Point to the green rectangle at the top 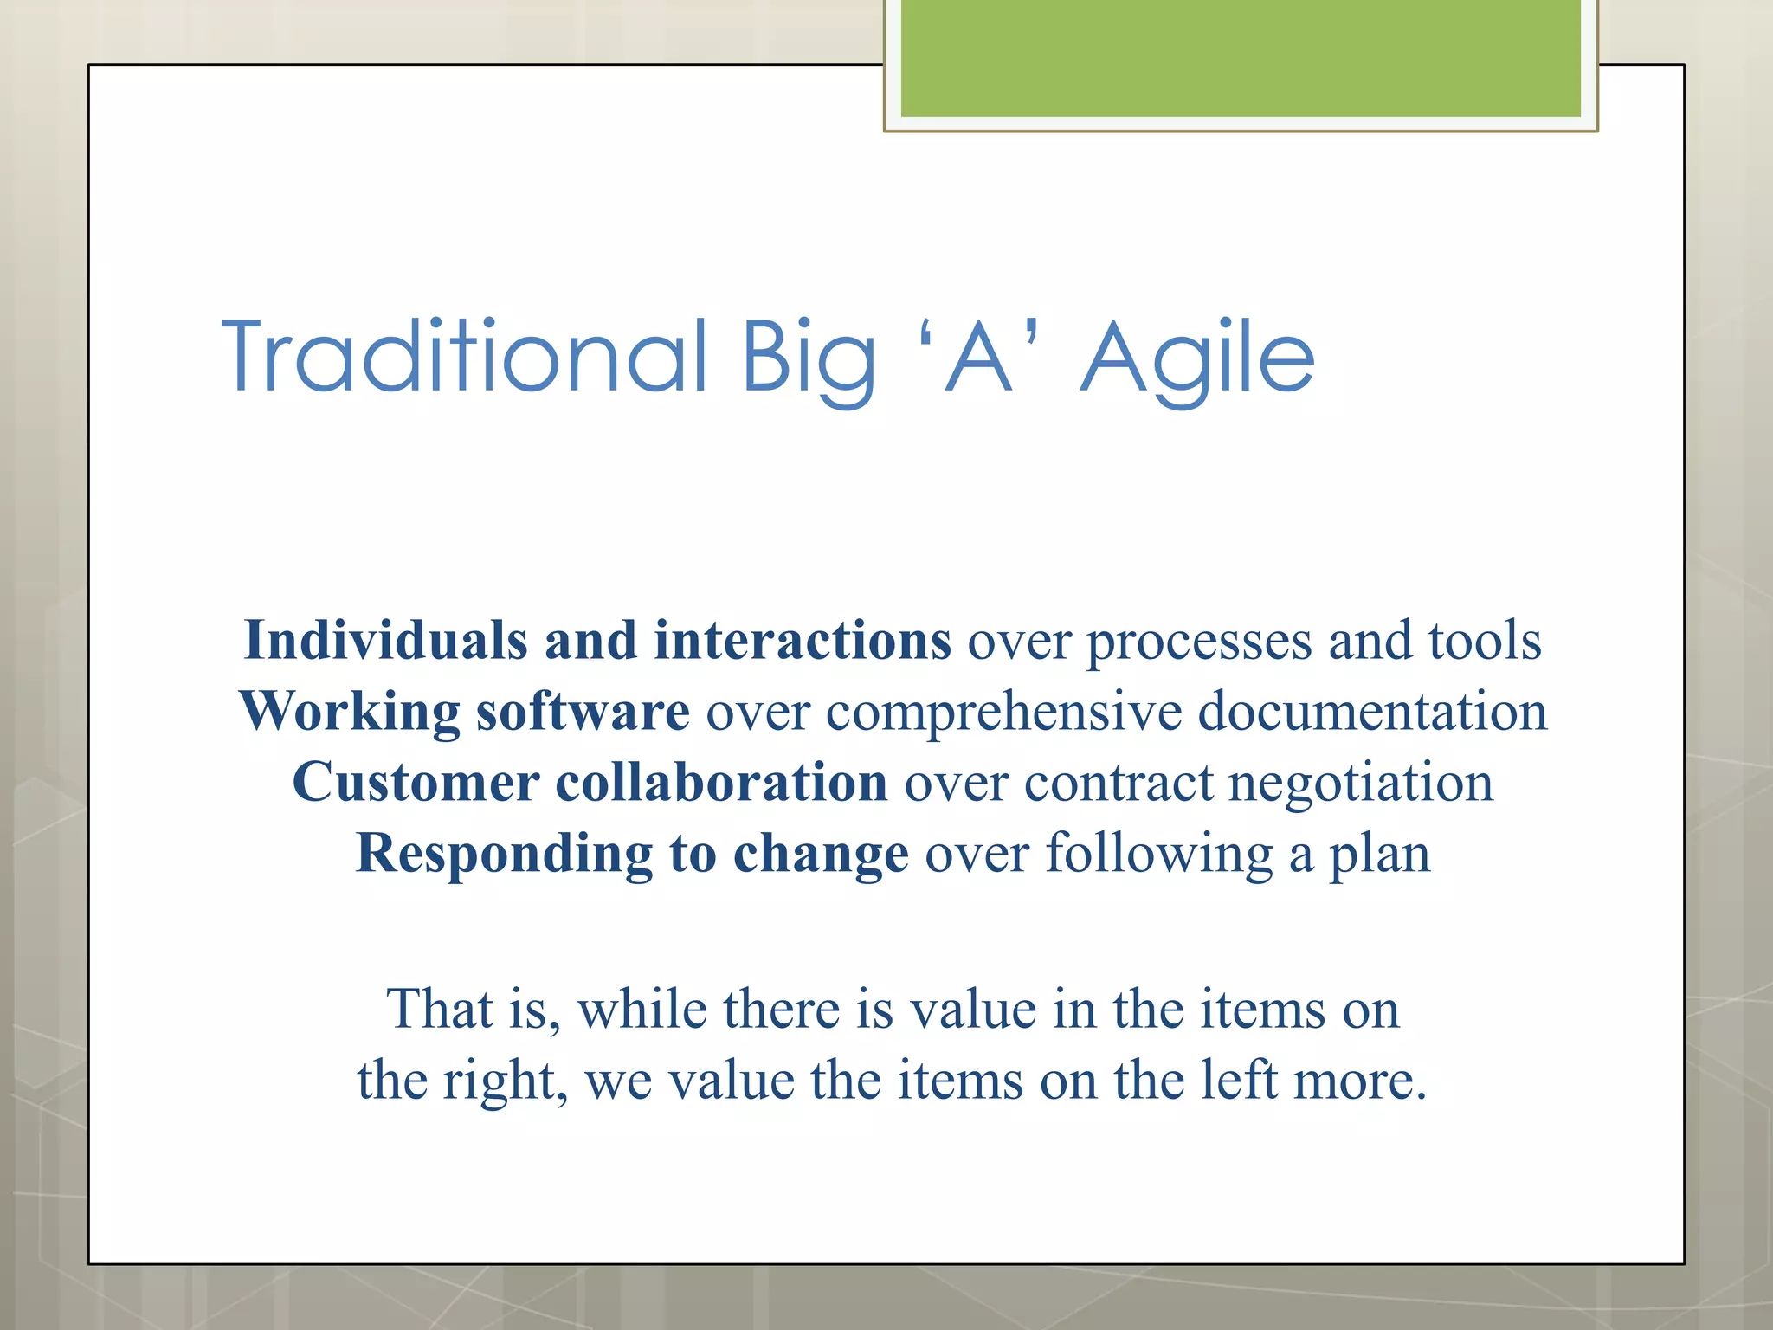1240,59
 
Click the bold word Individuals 386,641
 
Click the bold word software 583,712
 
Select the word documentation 1372,712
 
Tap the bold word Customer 416,783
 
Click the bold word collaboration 721,783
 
